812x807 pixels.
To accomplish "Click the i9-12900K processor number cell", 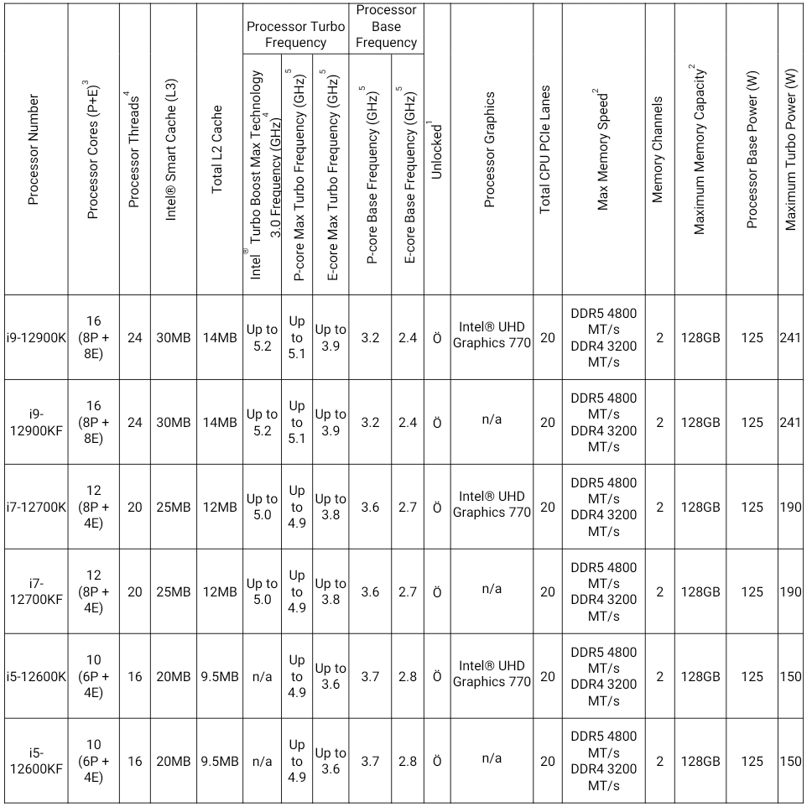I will tap(35, 338).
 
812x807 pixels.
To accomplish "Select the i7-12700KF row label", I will tap(35, 591).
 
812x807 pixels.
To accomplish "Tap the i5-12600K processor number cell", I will tap(35, 676).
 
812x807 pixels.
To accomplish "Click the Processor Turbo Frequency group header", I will tap(295, 34).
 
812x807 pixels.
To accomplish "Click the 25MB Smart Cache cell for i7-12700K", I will tap(174, 507).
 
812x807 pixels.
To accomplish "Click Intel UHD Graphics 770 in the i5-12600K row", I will tap(492, 673).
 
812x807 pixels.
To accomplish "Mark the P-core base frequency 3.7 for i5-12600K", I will tap(370, 676).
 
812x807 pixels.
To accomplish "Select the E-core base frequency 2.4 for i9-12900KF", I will tap(408, 423).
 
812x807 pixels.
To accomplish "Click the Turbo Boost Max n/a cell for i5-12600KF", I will tap(263, 761).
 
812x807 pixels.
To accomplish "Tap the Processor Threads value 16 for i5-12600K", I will tap(134, 676).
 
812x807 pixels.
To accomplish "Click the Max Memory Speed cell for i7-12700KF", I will tap(603, 591).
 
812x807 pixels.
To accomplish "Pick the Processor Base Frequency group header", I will tap(386, 27).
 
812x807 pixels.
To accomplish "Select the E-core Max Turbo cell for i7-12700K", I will tap(331, 507).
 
